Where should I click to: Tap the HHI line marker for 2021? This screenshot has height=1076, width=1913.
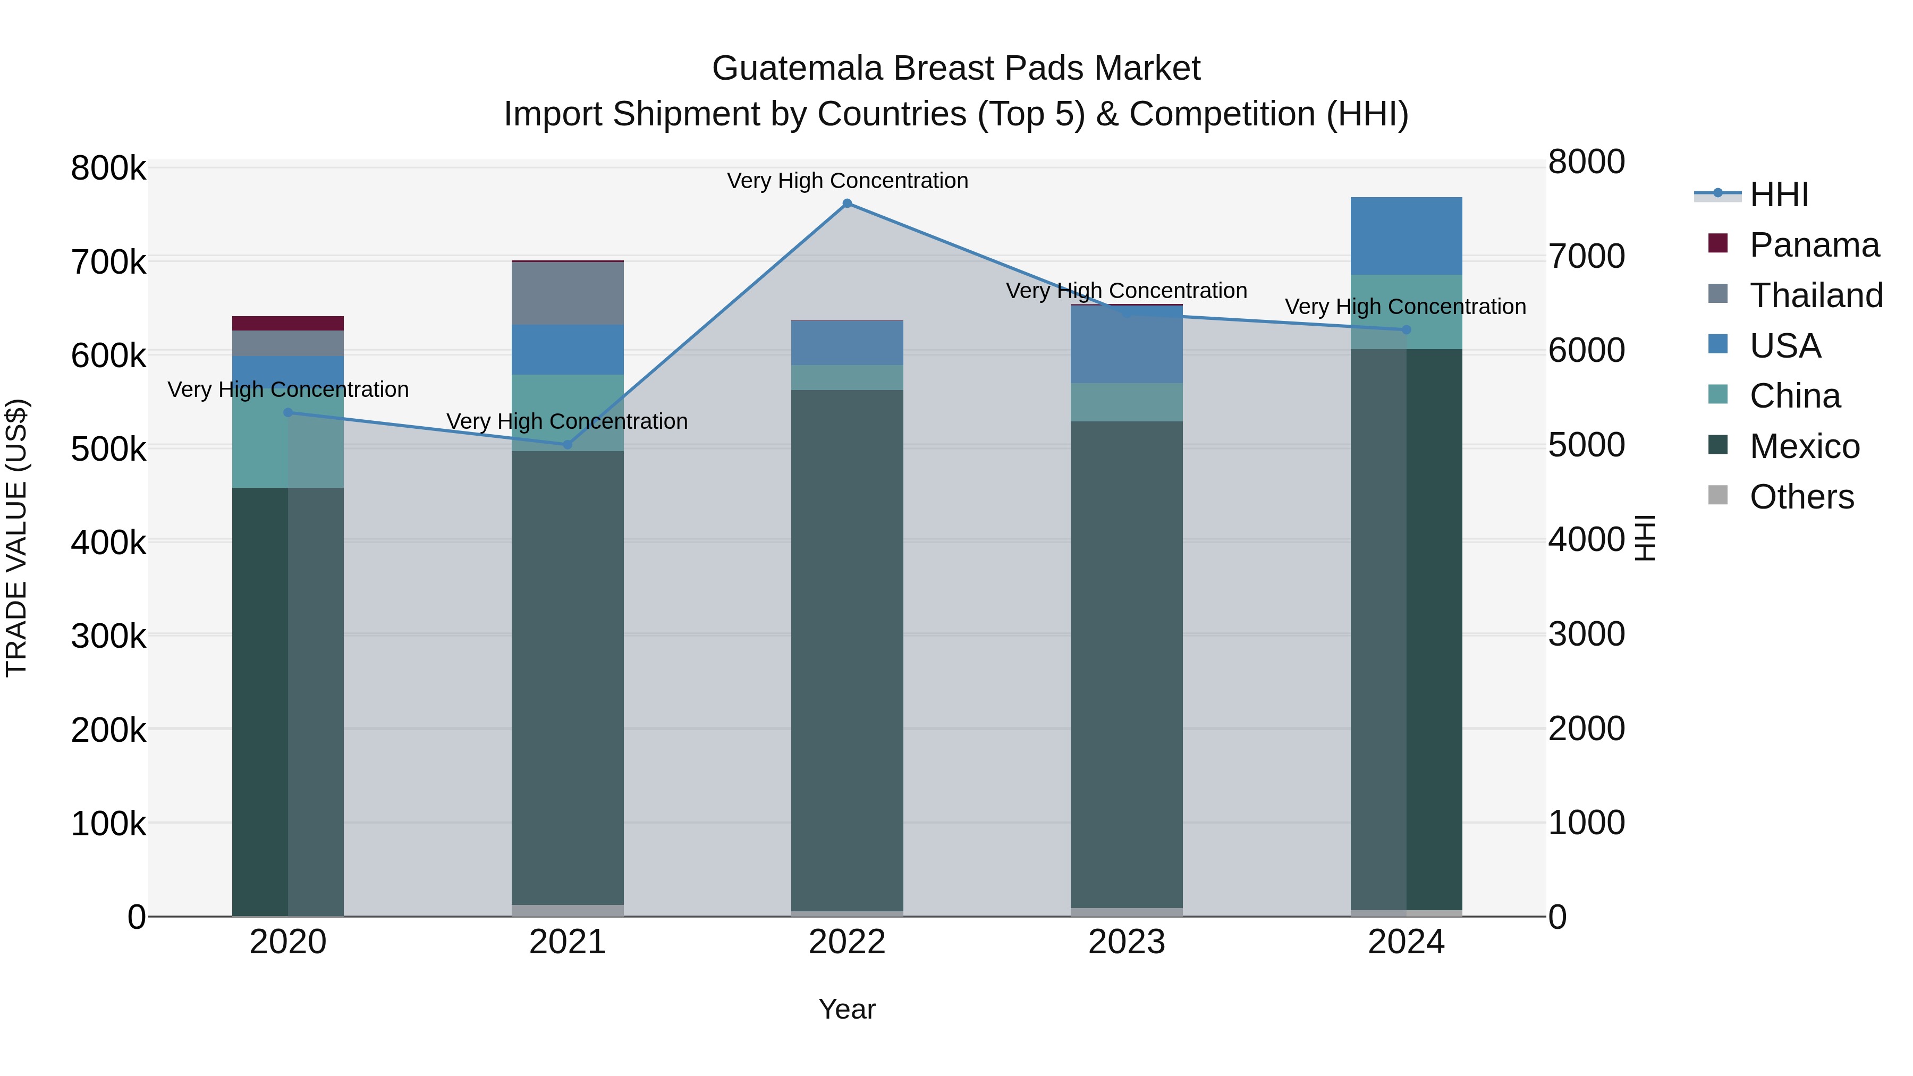click(568, 445)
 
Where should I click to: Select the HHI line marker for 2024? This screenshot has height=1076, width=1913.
click(1406, 329)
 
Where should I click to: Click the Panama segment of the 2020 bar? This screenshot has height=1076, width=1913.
click(288, 323)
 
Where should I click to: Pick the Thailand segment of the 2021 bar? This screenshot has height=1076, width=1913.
click(568, 293)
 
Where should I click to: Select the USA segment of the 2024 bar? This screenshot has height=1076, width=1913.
click(1406, 236)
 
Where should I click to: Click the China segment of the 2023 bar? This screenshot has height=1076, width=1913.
click(1126, 402)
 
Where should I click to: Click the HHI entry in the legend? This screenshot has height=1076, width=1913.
click(1778, 194)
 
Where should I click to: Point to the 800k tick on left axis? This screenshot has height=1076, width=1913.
click(108, 168)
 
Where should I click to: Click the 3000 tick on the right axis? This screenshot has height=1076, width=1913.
click(1586, 634)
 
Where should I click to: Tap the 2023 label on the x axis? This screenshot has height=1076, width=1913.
click(1126, 942)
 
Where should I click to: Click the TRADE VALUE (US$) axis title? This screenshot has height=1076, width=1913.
click(16, 538)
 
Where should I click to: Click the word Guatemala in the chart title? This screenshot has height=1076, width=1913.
click(797, 69)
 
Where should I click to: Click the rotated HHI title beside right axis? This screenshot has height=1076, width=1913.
click(1645, 538)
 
